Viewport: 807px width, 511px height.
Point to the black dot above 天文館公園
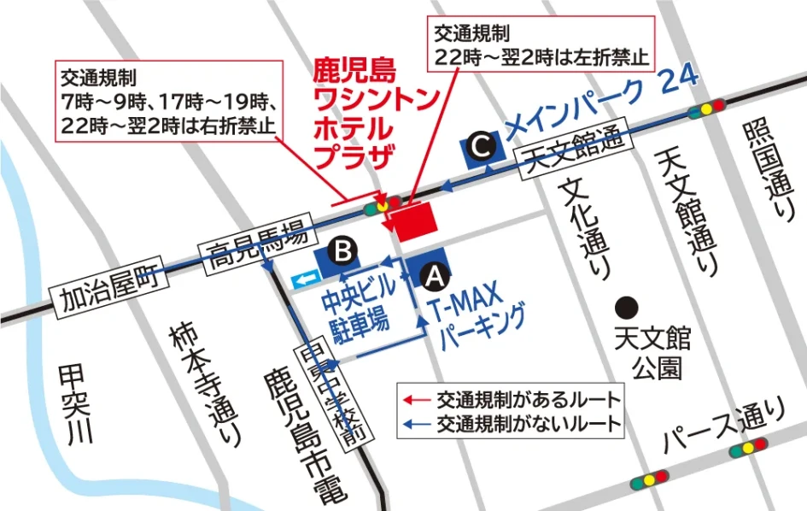pos(628,305)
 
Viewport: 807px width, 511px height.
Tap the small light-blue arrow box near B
pos(305,278)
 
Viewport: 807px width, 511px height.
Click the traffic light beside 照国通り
pos(705,108)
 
